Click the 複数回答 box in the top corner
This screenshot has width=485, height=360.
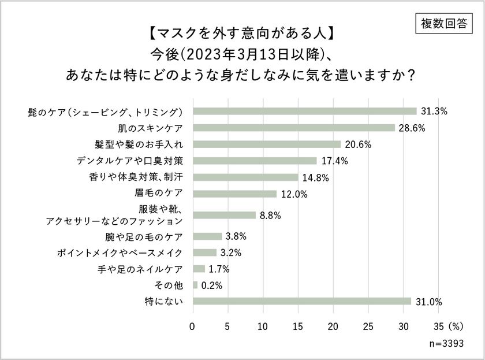click(445, 23)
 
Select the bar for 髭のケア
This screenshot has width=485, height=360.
click(304, 111)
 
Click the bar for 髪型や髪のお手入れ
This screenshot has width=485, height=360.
click(266, 144)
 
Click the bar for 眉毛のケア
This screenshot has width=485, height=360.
click(234, 194)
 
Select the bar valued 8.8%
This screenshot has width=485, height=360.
click(223, 215)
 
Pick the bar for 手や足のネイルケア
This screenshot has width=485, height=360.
click(199, 269)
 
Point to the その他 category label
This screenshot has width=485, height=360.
click(169, 285)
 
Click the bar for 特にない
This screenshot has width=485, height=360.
click(301, 301)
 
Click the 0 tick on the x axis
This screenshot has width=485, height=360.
click(193, 325)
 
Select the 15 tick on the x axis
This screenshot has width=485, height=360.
click(298, 325)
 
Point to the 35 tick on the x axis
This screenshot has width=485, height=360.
click(438, 325)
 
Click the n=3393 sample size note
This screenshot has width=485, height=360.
click(451, 343)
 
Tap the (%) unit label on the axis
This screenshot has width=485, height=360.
click(457, 325)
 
